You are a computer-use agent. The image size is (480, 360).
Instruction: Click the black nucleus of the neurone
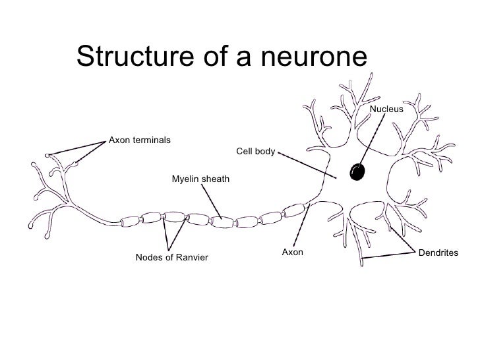tap(358, 171)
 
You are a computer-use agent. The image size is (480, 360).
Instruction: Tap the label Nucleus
tap(386, 108)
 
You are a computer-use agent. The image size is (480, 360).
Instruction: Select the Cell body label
tap(255, 152)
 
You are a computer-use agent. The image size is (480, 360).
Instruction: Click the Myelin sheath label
tap(201, 179)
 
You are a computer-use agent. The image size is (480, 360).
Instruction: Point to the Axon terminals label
tap(140, 140)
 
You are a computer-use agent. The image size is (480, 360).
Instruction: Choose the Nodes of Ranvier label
tap(171, 257)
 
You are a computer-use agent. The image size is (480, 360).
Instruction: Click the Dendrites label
tap(438, 253)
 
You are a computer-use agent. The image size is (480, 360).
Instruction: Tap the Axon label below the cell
tap(292, 252)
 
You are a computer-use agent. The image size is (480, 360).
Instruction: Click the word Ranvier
tap(191, 257)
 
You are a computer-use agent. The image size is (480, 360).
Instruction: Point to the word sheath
tap(216, 179)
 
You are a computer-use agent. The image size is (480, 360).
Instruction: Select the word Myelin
tap(185, 179)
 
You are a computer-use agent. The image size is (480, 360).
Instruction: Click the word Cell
tap(244, 152)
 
